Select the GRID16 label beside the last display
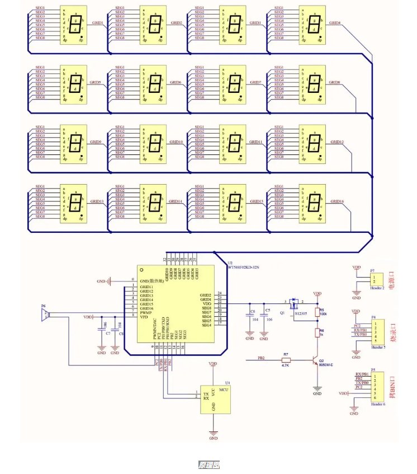pos(337,201)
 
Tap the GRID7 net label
pos(255,82)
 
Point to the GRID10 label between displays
pos(176,142)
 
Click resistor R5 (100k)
pos(318,313)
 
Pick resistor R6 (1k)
pos(318,334)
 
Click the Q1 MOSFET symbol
pos(294,306)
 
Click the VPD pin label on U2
pos(144,317)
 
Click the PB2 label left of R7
pos(261,357)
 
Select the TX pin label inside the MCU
pos(206,393)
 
